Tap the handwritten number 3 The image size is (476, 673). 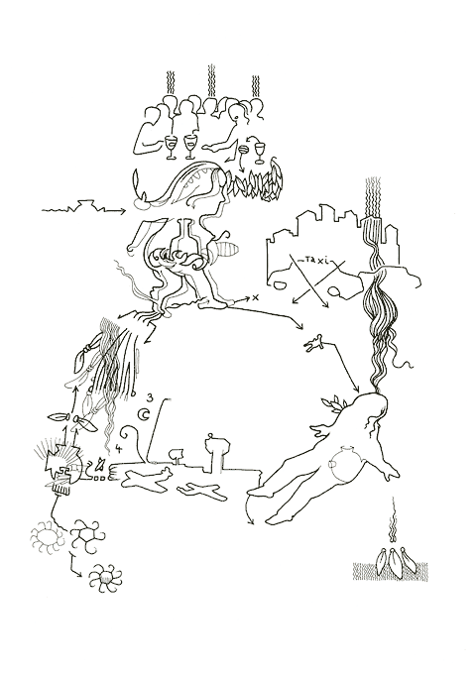(x=148, y=398)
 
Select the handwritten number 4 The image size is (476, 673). (x=119, y=448)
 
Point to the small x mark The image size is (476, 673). (x=254, y=297)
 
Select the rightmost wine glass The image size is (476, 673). (x=260, y=151)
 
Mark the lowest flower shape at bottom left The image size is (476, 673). (x=102, y=578)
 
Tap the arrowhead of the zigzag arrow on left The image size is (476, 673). (x=122, y=210)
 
